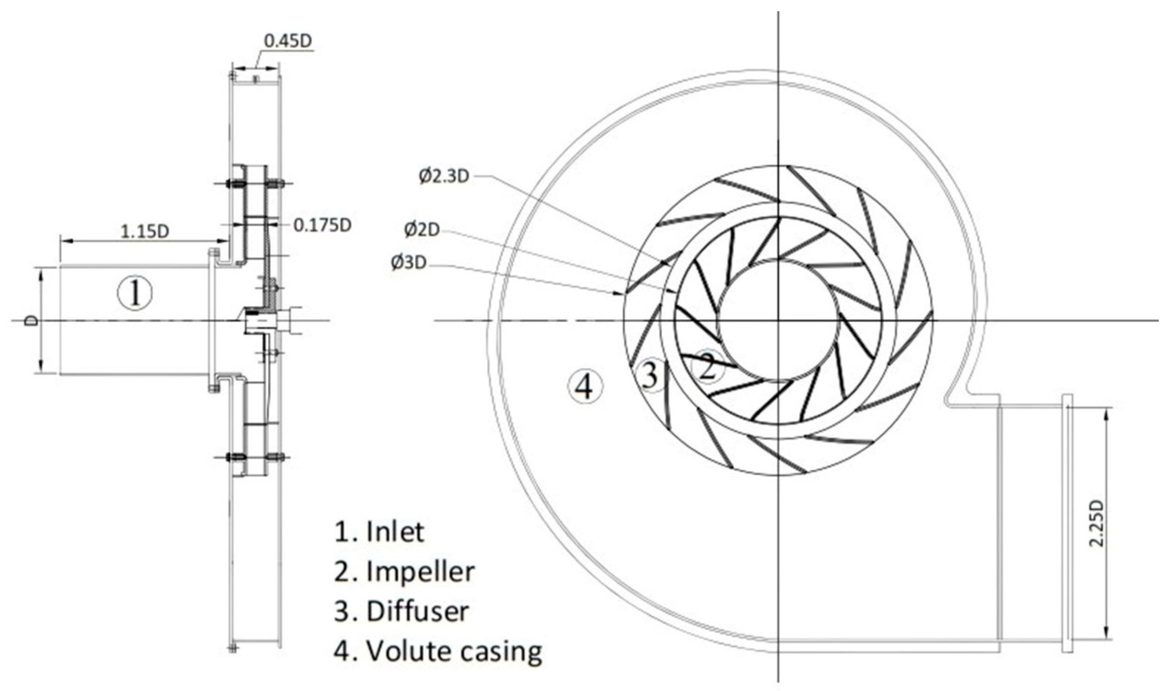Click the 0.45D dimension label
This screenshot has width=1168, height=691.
tap(288, 41)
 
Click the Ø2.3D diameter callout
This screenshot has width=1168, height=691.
tap(444, 176)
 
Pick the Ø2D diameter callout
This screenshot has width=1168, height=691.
tap(422, 230)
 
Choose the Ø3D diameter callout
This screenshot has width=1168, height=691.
tap(408, 263)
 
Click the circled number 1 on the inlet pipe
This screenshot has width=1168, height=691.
tap(135, 293)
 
